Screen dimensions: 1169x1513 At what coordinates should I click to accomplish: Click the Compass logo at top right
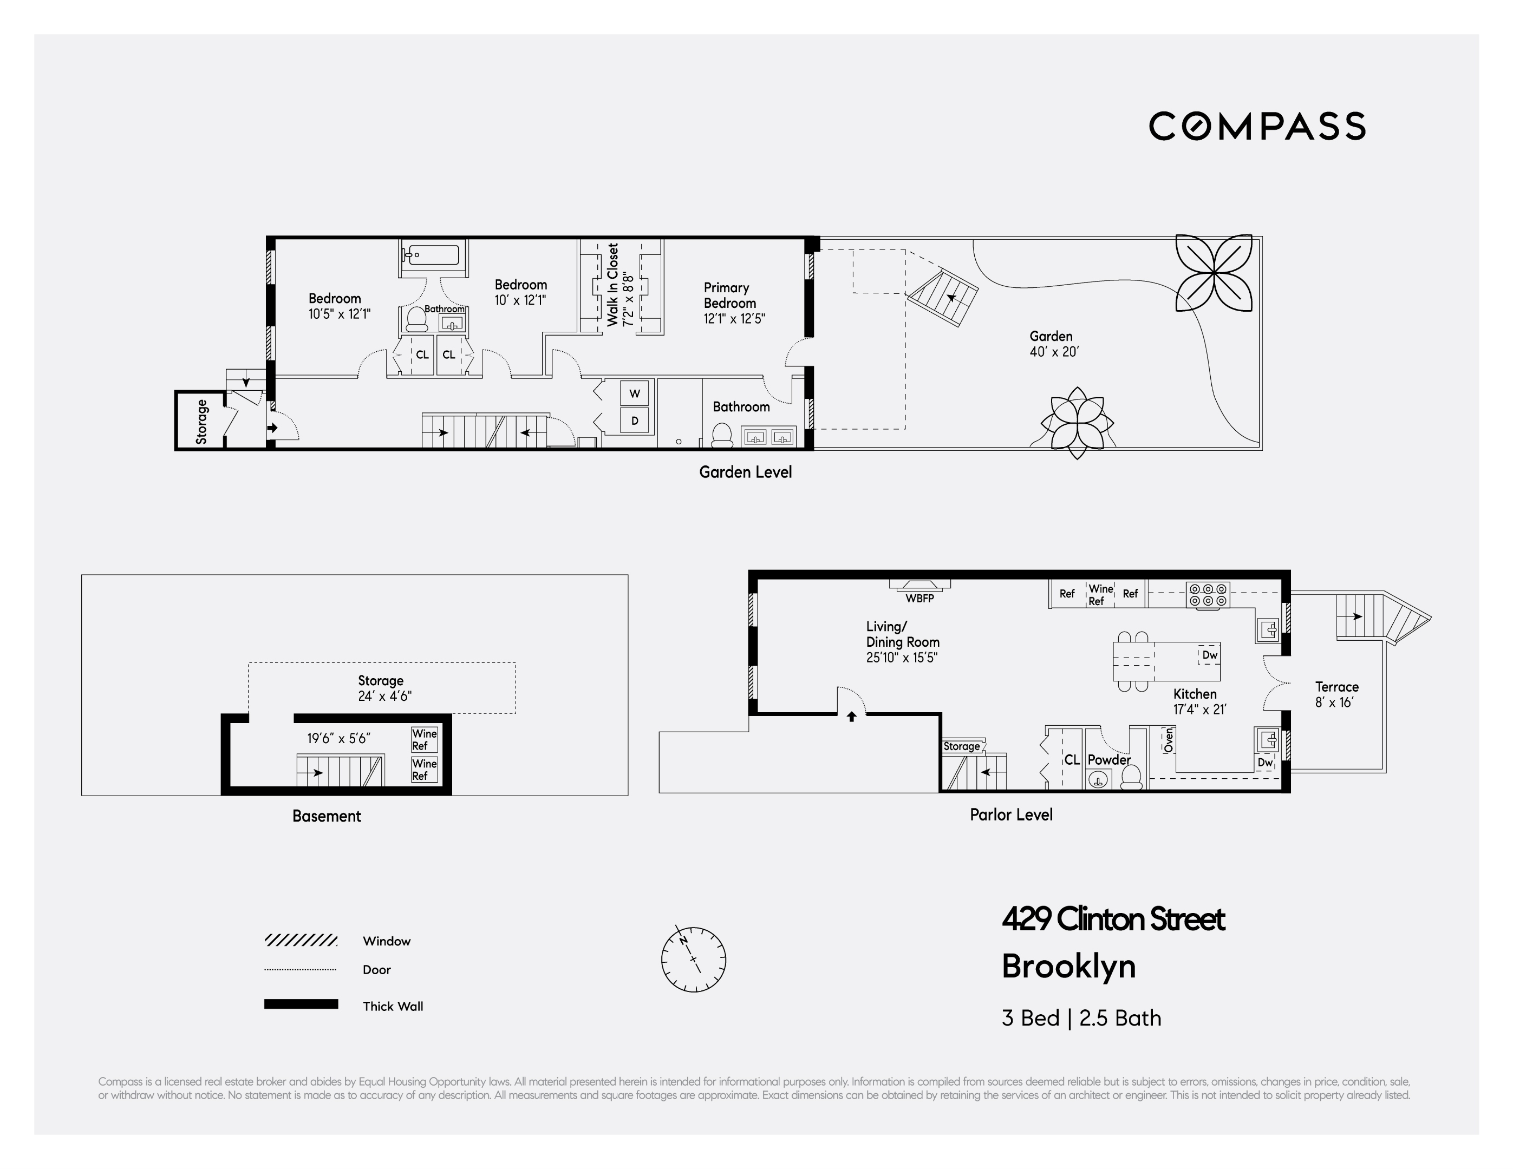click(x=1257, y=126)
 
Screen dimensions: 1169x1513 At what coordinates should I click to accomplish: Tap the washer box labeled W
click(x=635, y=394)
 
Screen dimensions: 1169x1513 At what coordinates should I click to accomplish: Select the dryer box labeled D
click(x=635, y=421)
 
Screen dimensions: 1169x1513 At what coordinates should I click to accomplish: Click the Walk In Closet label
click(x=620, y=285)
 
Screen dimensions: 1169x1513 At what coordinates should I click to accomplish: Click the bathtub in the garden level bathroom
click(x=432, y=255)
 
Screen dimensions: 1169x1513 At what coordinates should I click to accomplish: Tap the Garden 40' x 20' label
click(x=1053, y=344)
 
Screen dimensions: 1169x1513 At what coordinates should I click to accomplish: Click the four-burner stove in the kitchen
click(x=1208, y=595)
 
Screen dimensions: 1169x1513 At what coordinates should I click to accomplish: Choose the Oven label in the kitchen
click(x=1169, y=740)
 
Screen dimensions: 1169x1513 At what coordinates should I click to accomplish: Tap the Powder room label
click(x=1109, y=760)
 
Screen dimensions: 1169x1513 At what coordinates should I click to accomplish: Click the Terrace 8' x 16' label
click(x=1336, y=694)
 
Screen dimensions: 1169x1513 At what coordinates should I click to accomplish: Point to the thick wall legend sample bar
click(x=301, y=1004)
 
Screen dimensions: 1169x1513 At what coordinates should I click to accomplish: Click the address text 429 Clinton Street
click(x=1113, y=920)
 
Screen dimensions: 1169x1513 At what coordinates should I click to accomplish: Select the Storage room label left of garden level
click(x=201, y=421)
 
